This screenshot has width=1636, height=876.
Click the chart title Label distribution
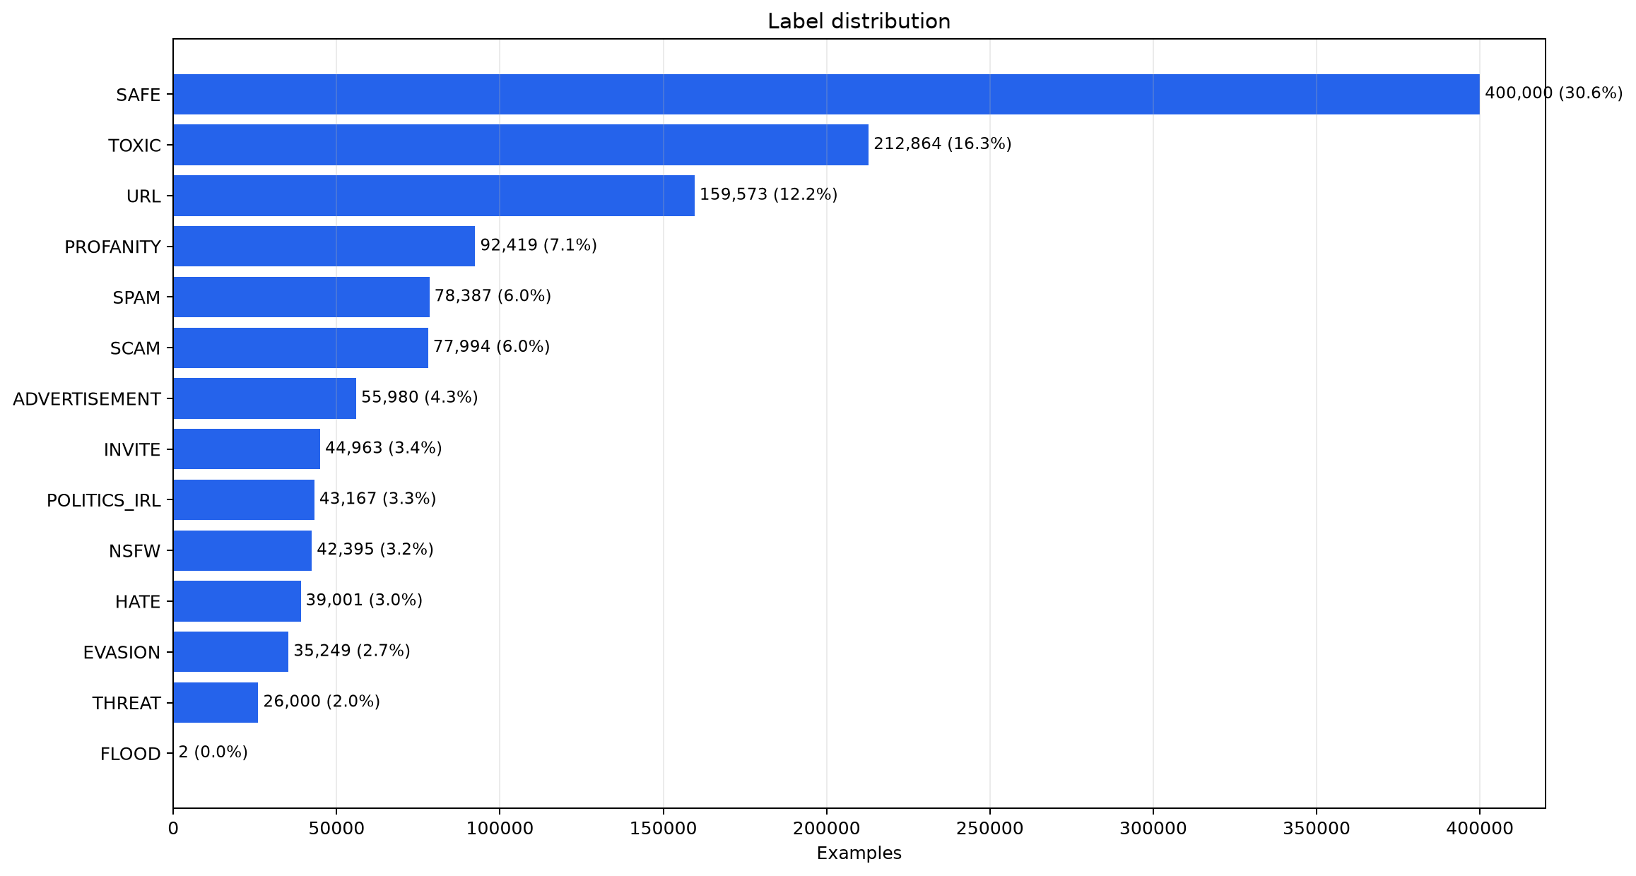pos(859,22)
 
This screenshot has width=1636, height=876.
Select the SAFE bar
pos(826,94)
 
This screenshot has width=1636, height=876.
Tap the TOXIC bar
pos(521,145)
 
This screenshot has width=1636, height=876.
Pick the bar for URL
pos(434,196)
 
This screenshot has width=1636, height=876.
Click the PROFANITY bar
pos(324,246)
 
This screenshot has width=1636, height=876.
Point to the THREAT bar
pos(216,702)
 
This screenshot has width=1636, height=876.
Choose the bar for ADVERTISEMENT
pos(264,398)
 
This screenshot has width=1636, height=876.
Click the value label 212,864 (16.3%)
pos(943,144)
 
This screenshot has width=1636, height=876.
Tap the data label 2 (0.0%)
pos(213,752)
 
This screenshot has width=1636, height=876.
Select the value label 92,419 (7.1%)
pos(539,245)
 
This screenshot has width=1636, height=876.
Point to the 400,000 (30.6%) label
pos(1553,93)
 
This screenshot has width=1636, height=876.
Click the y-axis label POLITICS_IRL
pos(104,501)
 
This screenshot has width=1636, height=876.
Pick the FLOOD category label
pos(131,754)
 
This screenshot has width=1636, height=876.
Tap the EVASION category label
pos(122,653)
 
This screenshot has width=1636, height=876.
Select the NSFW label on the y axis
pos(135,551)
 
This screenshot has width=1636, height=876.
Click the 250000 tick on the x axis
pos(989,828)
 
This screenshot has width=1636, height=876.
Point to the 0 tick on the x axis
pos(173,828)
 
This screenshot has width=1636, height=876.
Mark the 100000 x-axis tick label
pos(500,828)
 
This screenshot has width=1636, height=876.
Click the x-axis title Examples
pos(859,853)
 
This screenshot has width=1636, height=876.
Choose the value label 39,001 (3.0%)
pos(364,600)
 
